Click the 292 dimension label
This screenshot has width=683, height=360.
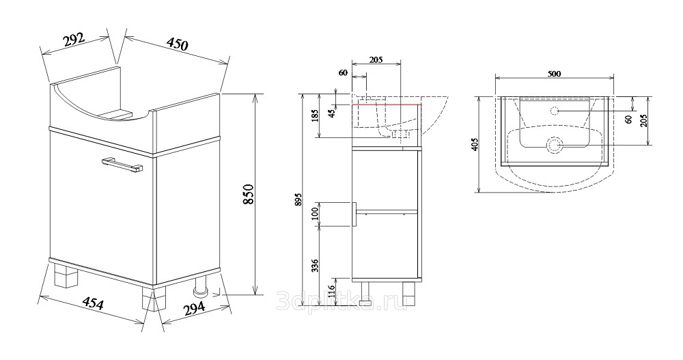pyautogui.click(x=74, y=40)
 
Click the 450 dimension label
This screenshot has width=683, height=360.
pyautogui.click(x=178, y=44)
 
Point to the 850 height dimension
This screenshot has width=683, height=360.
pyautogui.click(x=248, y=195)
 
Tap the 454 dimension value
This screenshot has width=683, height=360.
pyautogui.click(x=93, y=303)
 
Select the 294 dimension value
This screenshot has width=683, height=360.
pyautogui.click(x=193, y=307)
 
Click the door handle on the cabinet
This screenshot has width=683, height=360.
pyautogui.click(x=122, y=166)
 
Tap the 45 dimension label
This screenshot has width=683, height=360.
pyautogui.click(x=332, y=114)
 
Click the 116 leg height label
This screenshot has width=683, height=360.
pyautogui.click(x=331, y=290)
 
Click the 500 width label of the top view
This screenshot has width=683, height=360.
pyautogui.click(x=554, y=74)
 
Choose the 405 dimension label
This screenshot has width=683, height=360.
pyautogui.click(x=475, y=144)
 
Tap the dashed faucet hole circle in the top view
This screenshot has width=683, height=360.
pyautogui.click(x=555, y=110)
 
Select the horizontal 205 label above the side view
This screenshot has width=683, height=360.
pyautogui.click(x=376, y=60)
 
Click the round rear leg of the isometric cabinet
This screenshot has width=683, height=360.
pyautogui.click(x=201, y=287)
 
